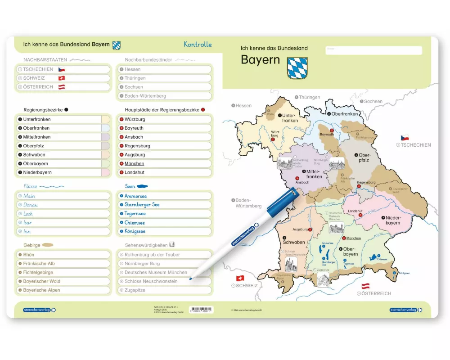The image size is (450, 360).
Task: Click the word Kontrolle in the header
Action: [x=198, y=45]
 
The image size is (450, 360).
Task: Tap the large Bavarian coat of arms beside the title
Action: [x=297, y=68]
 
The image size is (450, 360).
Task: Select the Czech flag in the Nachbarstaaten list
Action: [x=62, y=69]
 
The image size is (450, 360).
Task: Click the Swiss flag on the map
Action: [x=240, y=278]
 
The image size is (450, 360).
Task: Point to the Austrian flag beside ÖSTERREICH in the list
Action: [x=62, y=87]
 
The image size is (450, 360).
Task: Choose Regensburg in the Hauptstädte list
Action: [x=137, y=146]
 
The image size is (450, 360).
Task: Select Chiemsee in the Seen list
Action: [x=135, y=223]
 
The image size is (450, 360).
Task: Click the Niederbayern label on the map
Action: [x=392, y=220]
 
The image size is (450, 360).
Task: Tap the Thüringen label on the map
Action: [x=309, y=97]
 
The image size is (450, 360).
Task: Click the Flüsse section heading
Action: [x=31, y=186]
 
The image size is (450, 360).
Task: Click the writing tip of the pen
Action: [x=191, y=279]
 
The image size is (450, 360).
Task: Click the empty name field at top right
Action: [x=373, y=50]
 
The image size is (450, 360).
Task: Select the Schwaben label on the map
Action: [x=294, y=242]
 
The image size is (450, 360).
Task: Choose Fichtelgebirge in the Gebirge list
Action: [x=38, y=272]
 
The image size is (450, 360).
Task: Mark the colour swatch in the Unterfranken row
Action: [x=105, y=119]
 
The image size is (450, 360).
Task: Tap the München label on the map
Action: [x=354, y=238]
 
